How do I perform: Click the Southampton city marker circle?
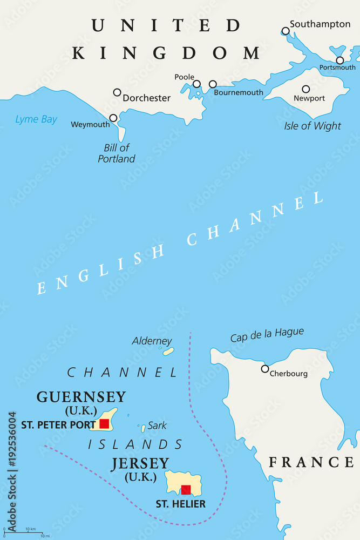tap(286, 31)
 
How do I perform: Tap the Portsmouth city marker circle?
tap(339, 60)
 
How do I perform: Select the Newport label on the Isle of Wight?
tap(309, 98)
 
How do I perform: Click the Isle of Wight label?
tap(313, 126)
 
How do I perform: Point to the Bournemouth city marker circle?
tap(213, 84)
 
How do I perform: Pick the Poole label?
tap(184, 77)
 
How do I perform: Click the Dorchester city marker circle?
tap(117, 92)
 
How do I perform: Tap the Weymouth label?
tap(90, 125)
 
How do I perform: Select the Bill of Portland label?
tap(117, 153)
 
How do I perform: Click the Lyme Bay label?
tap(36, 119)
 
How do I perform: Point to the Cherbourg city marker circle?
tap(265, 369)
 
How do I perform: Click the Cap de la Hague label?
tap(267, 335)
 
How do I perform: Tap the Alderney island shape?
tap(168, 352)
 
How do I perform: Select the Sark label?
tap(157, 426)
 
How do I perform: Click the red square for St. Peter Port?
tap(104, 424)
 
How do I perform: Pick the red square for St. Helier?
tap(186, 490)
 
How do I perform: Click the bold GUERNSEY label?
tap(81, 397)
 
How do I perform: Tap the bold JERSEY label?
tap(140, 464)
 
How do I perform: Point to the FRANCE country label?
tap(311, 462)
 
